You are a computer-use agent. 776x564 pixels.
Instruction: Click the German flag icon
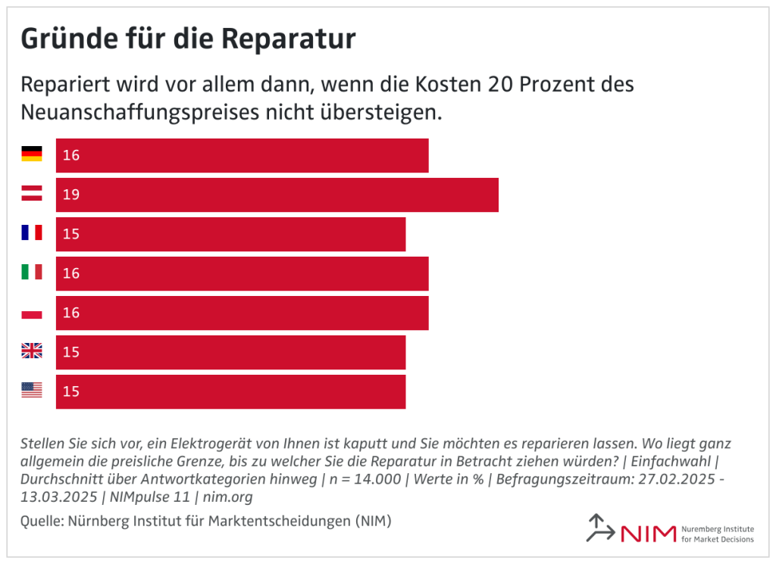(32, 154)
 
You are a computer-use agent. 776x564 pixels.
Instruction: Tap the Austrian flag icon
(32, 194)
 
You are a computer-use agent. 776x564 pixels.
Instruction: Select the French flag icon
(32, 233)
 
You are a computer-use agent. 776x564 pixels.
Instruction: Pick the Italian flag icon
(32, 273)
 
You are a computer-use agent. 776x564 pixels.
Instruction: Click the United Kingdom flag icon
(32, 351)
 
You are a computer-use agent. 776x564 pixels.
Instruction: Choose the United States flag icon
(32, 391)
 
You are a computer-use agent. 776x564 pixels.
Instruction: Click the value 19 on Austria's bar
(71, 195)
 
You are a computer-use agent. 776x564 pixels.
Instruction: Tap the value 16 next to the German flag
(71, 155)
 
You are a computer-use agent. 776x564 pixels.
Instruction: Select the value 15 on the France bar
(71, 234)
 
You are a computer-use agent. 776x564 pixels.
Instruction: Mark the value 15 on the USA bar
(71, 391)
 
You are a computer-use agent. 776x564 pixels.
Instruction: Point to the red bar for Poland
(242, 313)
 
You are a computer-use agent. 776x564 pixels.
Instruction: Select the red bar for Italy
(242, 273)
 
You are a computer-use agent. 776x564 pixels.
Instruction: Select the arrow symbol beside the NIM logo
(600, 528)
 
